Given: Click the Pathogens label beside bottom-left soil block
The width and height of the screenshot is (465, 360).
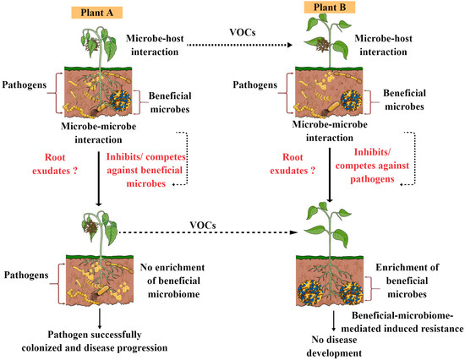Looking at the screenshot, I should [x=28, y=275].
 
